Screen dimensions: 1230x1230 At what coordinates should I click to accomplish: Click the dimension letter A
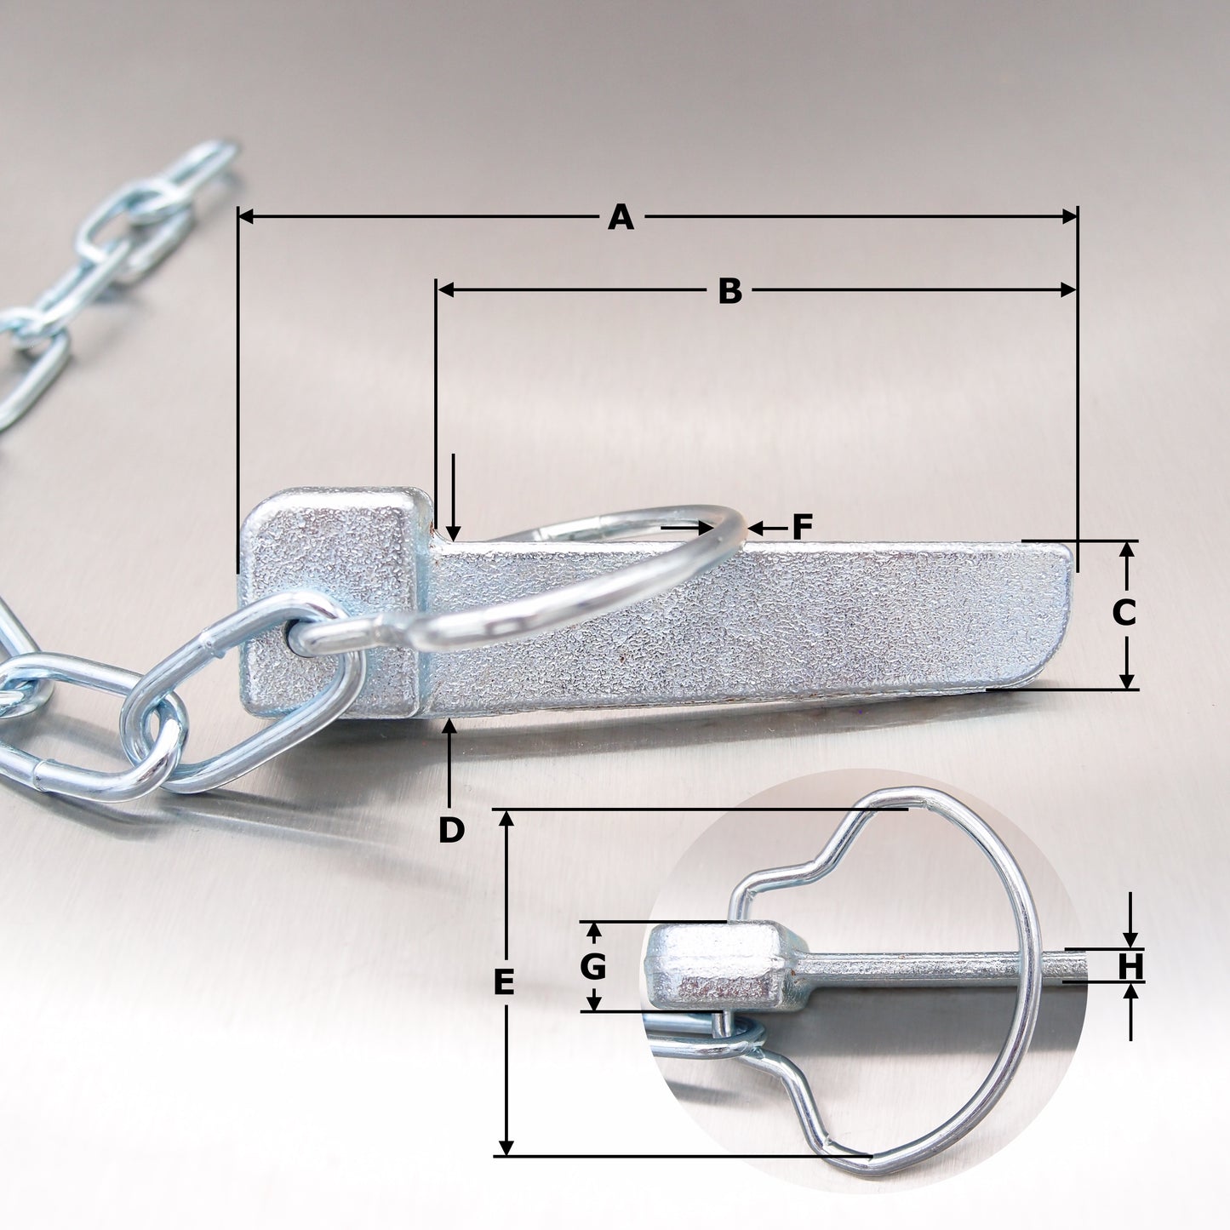coord(621,218)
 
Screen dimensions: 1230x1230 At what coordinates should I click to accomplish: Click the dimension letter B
coord(729,291)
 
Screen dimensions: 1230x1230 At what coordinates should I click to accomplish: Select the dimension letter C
coord(1124,613)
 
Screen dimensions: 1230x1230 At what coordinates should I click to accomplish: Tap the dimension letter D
coord(451,830)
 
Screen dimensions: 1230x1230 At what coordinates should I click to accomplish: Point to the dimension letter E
coord(504,983)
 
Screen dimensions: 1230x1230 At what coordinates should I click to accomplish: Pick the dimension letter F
coord(802,528)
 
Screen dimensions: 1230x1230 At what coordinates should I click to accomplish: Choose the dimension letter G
coord(592,967)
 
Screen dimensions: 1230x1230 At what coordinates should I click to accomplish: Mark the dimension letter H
coord(1130,967)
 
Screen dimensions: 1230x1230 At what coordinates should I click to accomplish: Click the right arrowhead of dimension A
coord(1069,218)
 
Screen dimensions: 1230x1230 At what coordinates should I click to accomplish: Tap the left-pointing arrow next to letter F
coord(758,529)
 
